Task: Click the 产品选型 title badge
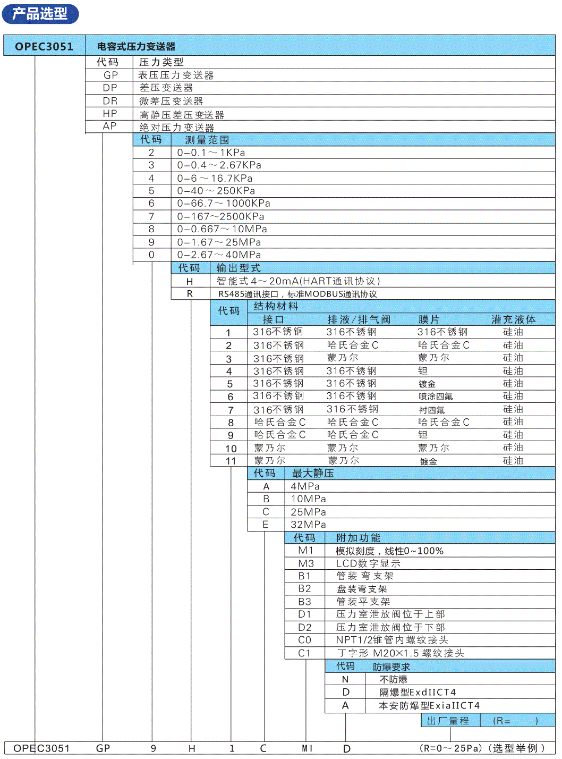pos(40,14)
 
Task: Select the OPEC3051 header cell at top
pos(44,46)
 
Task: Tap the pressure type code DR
pos(110,101)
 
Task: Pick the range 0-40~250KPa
pos(216,191)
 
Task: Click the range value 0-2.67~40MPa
pos(219,255)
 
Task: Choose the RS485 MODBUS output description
pos(297,294)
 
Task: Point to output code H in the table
pos(190,281)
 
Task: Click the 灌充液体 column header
pos(513,319)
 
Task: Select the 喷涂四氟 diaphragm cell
pos(436,397)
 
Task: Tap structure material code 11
pos(231,461)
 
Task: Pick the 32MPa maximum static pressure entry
pos(308,525)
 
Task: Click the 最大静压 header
pos(313,473)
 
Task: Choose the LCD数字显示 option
pos(368,563)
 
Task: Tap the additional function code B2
pos(304,589)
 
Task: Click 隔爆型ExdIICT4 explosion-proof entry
pos(418,693)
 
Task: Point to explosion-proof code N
pos(345,679)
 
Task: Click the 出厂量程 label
pos(448,721)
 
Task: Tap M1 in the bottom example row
pos(307,748)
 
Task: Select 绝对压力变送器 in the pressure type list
pos(177,128)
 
